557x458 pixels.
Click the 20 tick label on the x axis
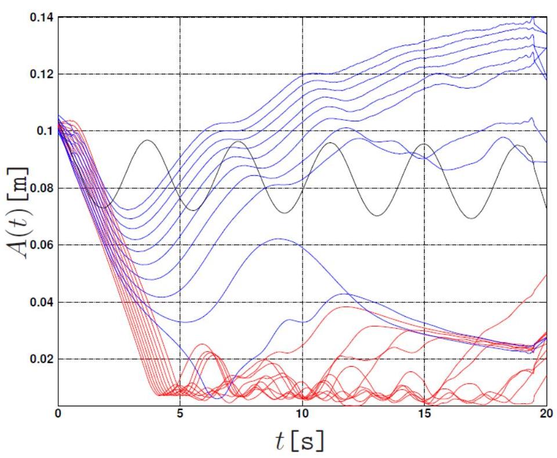[x=546, y=414]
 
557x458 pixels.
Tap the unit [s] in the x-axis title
[x=311, y=442]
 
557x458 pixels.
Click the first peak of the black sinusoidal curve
[x=148, y=140]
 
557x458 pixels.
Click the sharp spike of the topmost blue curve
[x=533, y=19]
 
